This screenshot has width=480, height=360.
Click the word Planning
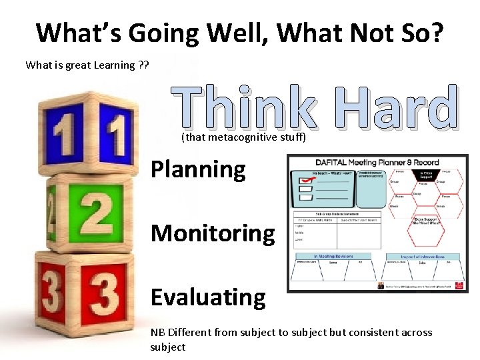(x=198, y=170)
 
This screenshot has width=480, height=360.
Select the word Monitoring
(x=213, y=233)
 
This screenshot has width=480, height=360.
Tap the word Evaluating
(x=208, y=297)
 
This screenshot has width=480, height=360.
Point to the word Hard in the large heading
(x=397, y=109)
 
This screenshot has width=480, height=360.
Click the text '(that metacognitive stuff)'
(x=243, y=138)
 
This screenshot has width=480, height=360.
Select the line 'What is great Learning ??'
(x=87, y=65)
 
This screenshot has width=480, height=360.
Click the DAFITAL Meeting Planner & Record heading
(x=377, y=163)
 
